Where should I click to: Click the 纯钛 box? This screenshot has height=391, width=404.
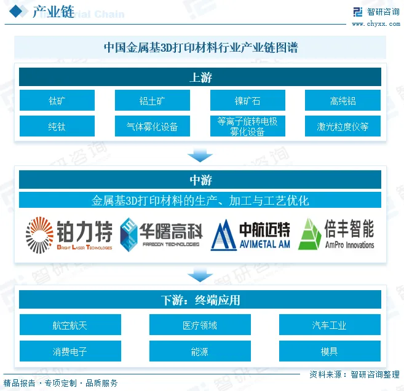tap(57, 127)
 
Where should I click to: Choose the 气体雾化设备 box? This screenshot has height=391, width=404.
tap(152, 127)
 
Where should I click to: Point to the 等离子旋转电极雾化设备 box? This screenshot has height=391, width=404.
tap(247, 127)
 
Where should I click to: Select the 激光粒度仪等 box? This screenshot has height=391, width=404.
tap(343, 127)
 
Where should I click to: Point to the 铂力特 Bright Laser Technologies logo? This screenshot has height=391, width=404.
tap(69, 235)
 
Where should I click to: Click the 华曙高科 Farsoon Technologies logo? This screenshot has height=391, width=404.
tap(160, 235)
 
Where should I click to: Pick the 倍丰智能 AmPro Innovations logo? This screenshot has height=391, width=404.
tap(336, 235)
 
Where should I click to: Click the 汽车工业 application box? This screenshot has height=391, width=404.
tap(330, 325)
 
